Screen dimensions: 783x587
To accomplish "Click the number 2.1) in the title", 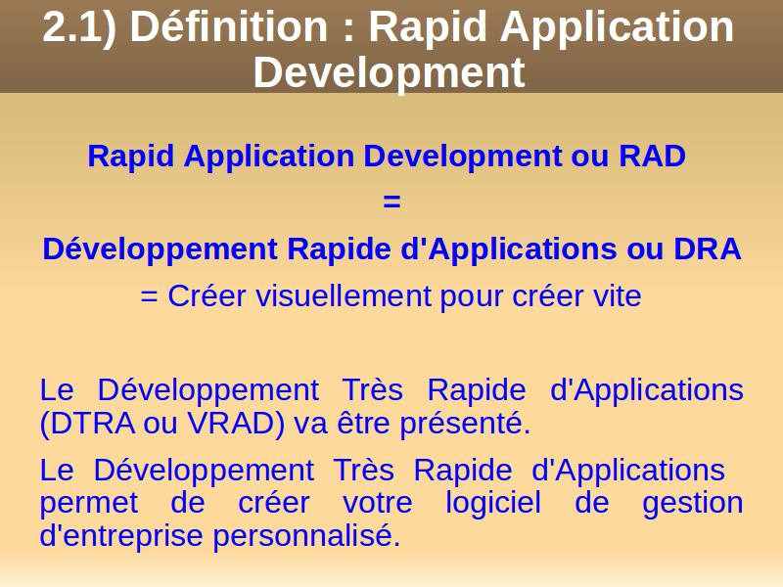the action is (x=80, y=28).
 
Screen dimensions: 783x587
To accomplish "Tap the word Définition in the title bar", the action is (x=229, y=26).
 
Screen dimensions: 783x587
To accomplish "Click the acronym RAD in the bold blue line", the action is (x=652, y=156).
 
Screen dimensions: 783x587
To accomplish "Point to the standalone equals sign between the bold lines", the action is (x=391, y=202).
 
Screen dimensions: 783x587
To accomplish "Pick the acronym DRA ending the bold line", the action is (x=707, y=248).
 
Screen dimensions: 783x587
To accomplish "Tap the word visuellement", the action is (x=345, y=295).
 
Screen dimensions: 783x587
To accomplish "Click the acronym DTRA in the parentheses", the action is (x=93, y=424).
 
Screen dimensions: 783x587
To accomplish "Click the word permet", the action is (x=89, y=503).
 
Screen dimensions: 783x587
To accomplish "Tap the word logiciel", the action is (x=493, y=502).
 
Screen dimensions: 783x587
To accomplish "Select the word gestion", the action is (x=693, y=503).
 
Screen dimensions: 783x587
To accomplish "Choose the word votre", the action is (x=378, y=503).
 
